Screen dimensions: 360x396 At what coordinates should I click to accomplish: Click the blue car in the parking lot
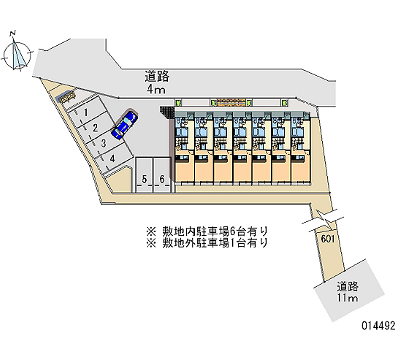click(125, 124)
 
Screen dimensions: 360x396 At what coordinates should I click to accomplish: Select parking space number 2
click(94, 128)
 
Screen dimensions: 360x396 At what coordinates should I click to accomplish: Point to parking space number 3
click(103, 143)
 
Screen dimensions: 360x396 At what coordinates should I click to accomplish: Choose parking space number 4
click(112, 158)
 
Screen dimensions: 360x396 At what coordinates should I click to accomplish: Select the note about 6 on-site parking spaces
click(206, 231)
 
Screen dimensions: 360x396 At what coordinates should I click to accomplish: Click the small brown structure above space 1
click(67, 97)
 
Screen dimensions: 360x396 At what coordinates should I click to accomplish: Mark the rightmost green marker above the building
click(285, 103)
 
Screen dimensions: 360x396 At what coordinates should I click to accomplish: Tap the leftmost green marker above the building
click(179, 103)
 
